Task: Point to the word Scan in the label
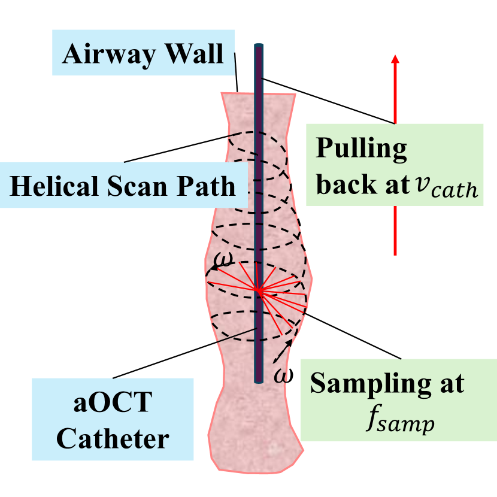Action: point(139,186)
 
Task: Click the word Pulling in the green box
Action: point(362,148)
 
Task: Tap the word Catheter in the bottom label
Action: point(114,440)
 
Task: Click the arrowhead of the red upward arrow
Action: point(395,59)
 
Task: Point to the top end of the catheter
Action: point(259,46)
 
